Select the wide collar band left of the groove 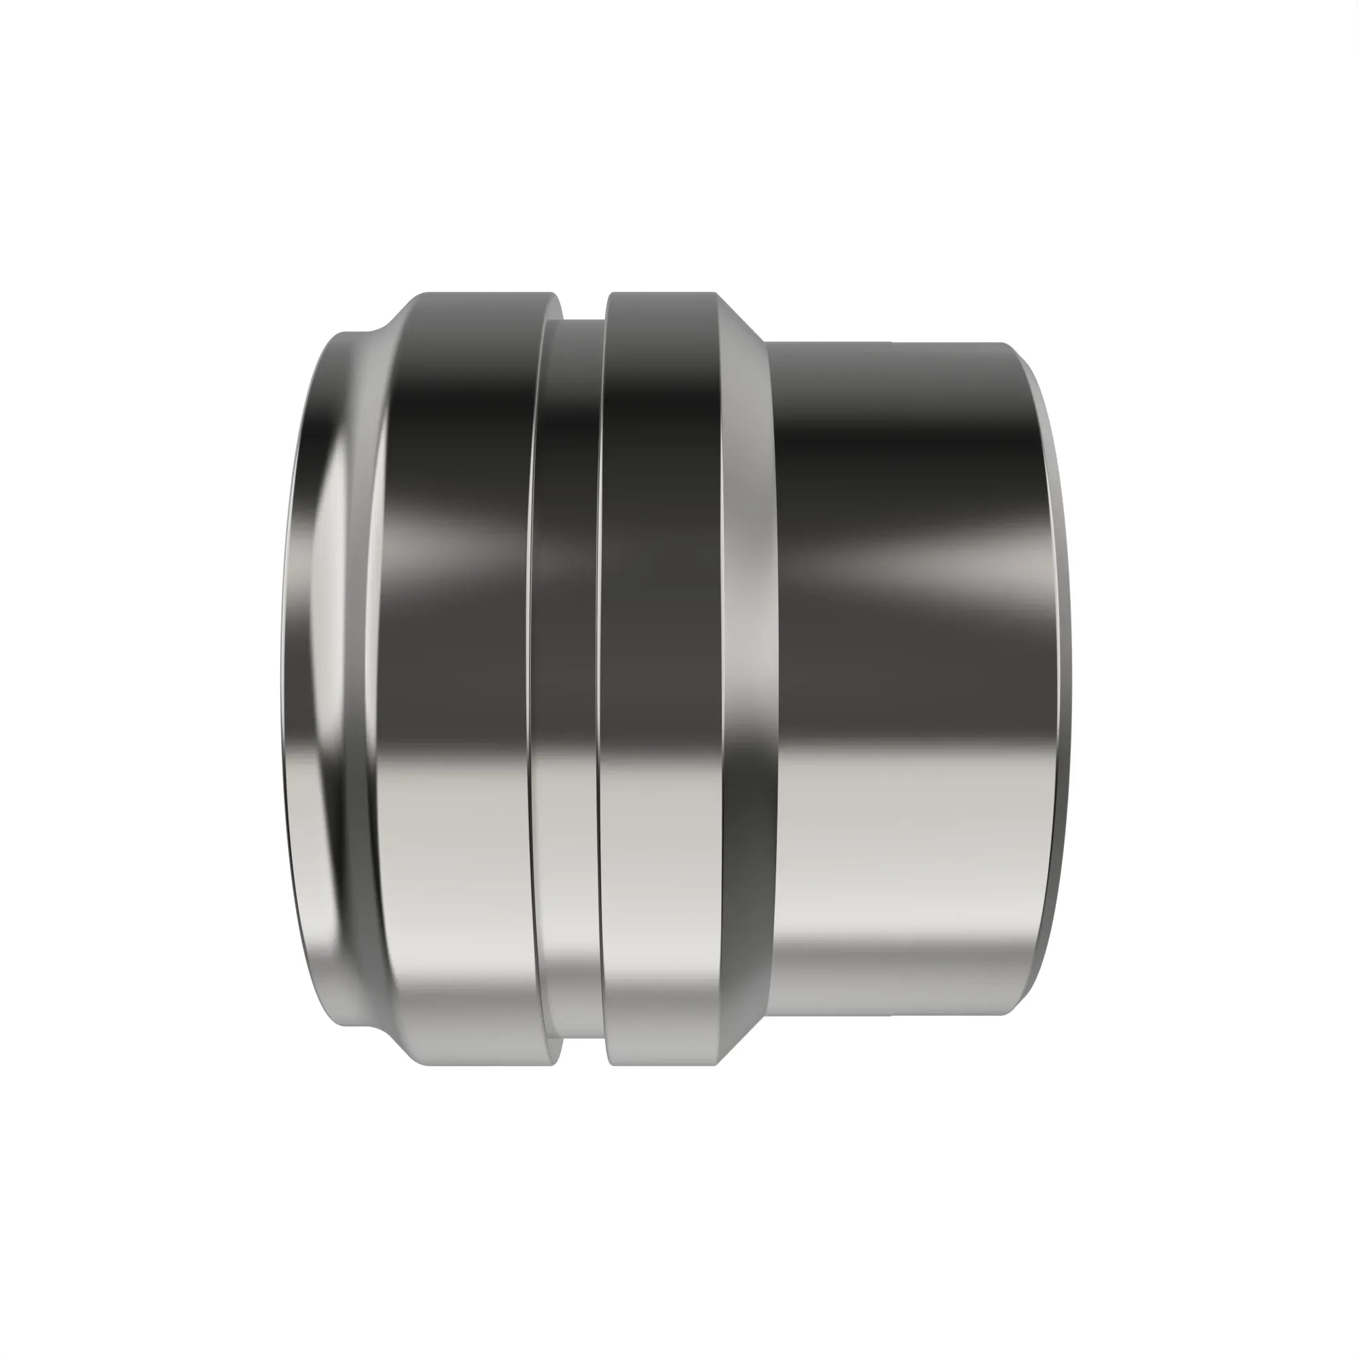click(457, 675)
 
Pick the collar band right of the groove click(661, 675)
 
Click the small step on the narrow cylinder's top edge click(892, 342)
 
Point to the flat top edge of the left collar click(485, 294)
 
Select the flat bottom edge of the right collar click(661, 1063)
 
